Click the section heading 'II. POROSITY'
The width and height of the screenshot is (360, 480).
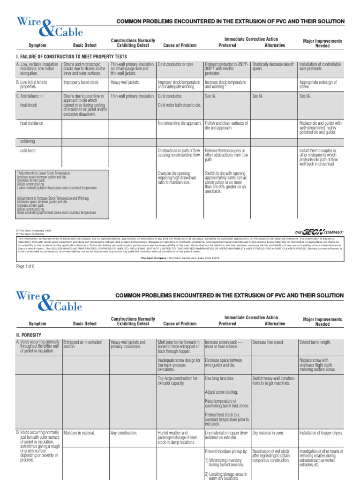(29, 335)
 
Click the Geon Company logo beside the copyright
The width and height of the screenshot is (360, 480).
(319, 232)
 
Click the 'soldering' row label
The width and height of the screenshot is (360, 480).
(27, 141)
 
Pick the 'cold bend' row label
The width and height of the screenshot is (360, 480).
(28, 150)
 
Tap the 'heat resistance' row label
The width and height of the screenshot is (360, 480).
(31, 123)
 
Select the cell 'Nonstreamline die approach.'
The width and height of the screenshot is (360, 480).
(180, 123)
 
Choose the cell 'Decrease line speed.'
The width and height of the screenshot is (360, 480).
(268, 343)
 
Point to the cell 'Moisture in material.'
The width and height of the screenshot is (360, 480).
(79, 433)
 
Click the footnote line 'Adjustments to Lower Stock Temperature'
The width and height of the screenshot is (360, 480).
(43, 173)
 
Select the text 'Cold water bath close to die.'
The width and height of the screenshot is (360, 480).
(180, 105)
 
